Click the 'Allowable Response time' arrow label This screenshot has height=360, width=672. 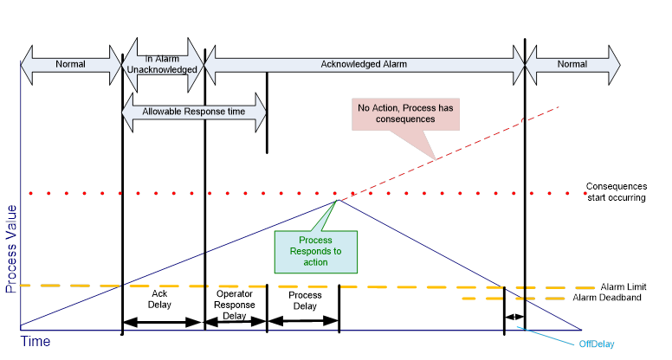pyautogui.click(x=194, y=112)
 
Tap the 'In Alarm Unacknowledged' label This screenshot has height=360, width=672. pyautogui.click(x=162, y=64)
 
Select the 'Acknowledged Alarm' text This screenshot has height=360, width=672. pyautogui.click(x=364, y=64)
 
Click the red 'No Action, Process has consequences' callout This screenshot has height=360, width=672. pyautogui.click(x=405, y=114)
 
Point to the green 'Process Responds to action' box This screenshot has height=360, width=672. pyautogui.click(x=316, y=252)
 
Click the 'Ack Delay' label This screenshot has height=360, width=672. pyautogui.click(x=159, y=299)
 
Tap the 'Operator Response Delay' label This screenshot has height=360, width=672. pyautogui.click(x=235, y=305)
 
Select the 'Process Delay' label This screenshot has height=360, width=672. pyautogui.click(x=305, y=300)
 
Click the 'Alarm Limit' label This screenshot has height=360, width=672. pyautogui.click(x=624, y=286)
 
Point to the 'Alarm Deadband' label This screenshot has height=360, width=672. pyautogui.click(x=607, y=298)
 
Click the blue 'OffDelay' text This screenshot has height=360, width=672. pyautogui.click(x=597, y=344)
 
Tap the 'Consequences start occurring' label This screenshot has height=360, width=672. pyautogui.click(x=617, y=192)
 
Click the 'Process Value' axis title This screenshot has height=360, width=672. pyautogui.click(x=10, y=249)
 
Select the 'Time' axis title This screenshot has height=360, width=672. pyautogui.click(x=36, y=342)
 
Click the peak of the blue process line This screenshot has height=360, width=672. pyautogui.click(x=339, y=200)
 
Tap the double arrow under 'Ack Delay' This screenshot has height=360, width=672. pyautogui.click(x=162, y=322)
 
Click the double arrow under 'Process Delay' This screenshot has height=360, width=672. pyautogui.click(x=303, y=320)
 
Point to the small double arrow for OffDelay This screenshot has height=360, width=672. pyautogui.click(x=514, y=318)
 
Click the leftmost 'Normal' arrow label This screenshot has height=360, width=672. pyautogui.click(x=70, y=64)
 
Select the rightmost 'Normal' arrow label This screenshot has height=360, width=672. pyautogui.click(x=572, y=64)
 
